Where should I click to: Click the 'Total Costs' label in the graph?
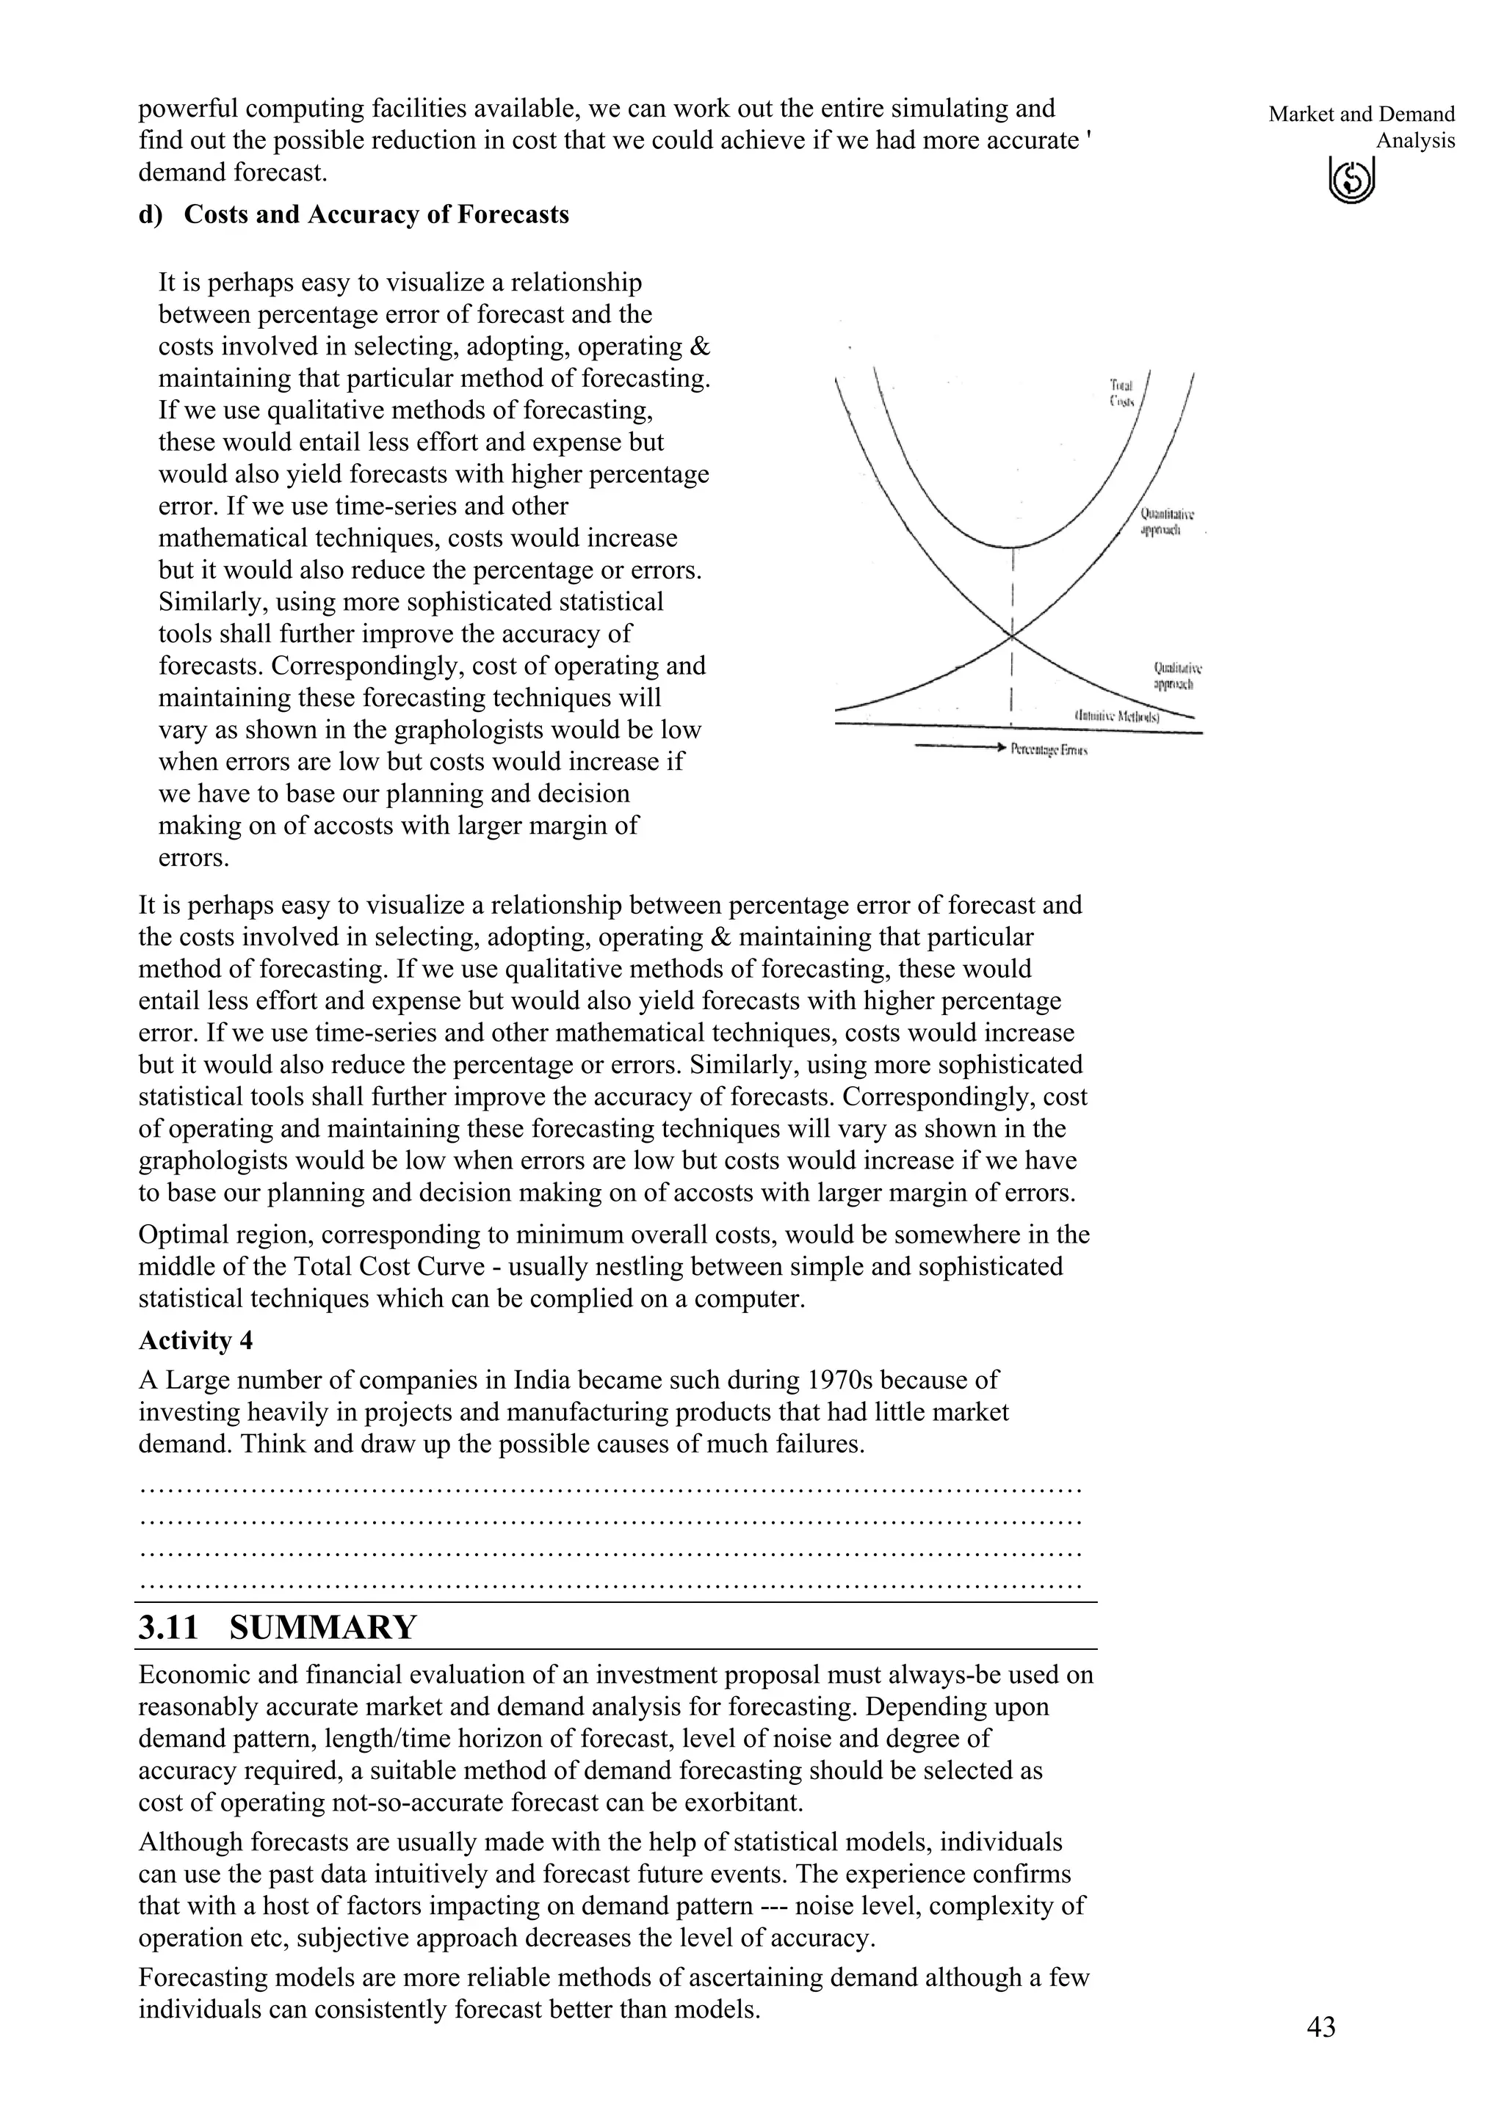pos(1121,393)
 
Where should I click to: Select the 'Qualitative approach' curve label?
pos(1177,675)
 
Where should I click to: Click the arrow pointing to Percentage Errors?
pos(960,746)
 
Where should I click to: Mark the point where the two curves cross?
pos(1012,636)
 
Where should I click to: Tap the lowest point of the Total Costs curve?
pos(1012,548)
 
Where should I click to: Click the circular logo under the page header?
pos(1352,179)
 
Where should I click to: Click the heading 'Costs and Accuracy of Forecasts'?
pos(376,215)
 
